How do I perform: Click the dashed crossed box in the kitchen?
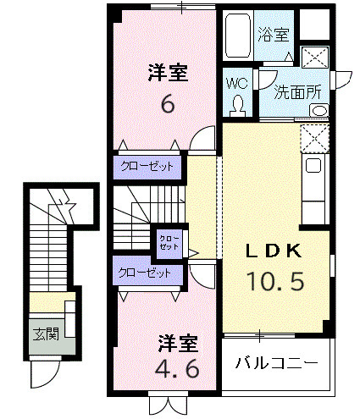pyautogui.click(x=313, y=137)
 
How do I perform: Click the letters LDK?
pyautogui.click(x=274, y=251)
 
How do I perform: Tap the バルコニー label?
pyautogui.click(x=276, y=363)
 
